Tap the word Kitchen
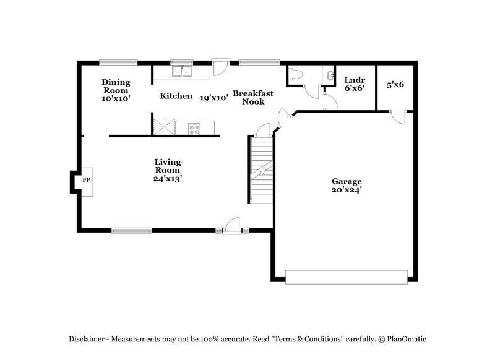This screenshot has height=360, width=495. pos(171,96)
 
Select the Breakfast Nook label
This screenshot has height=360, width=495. pos(253,97)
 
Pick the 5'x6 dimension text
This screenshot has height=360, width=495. pos(395,84)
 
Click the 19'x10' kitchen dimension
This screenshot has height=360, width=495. pos(214,97)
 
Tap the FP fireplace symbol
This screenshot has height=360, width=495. pos(86,181)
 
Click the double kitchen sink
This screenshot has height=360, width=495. pos(182,71)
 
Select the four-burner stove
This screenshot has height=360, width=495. pos(195,128)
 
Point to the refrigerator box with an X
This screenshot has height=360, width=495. pos(164,126)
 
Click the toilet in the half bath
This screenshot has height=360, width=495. pos(295,74)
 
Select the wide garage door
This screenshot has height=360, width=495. pos(346,276)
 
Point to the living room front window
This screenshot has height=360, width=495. pos(132,231)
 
